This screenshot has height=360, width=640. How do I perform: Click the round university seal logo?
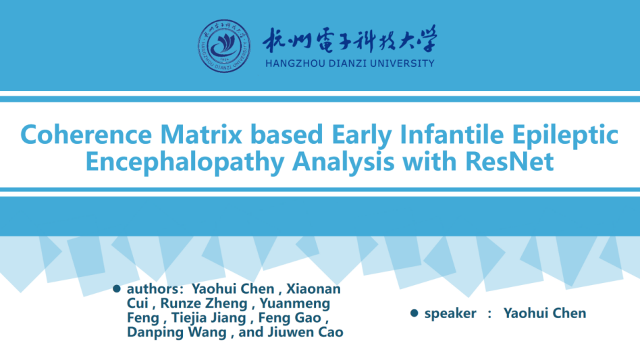coord(224,46)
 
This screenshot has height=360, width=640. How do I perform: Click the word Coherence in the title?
coord(86,134)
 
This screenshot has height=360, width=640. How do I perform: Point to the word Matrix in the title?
coord(201,134)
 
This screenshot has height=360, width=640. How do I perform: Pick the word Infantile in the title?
coord(452,134)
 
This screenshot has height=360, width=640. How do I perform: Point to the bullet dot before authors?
coord(117,289)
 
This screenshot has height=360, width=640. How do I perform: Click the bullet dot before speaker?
coord(415,313)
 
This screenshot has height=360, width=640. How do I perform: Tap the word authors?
coord(153,289)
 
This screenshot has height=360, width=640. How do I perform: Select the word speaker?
coord(450,314)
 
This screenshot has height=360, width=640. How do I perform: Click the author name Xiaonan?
coord(313,289)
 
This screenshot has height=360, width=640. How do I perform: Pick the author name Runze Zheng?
coord(204,304)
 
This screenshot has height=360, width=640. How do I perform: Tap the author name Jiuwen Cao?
coord(305,332)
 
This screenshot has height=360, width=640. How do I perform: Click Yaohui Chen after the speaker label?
coord(545,313)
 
